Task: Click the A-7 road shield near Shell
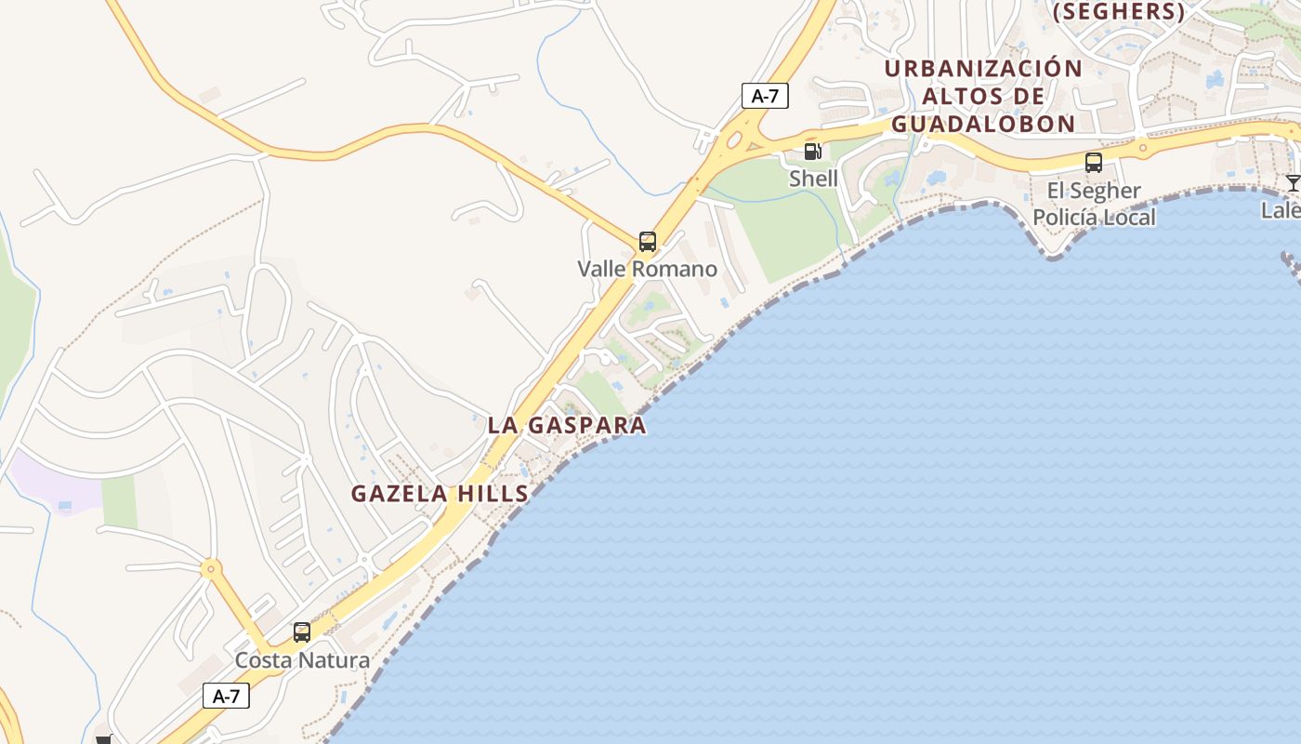click(x=765, y=96)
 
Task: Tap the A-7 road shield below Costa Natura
click(x=226, y=696)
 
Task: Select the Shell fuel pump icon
click(x=813, y=151)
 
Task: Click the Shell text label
click(x=813, y=179)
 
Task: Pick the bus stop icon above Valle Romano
click(x=648, y=242)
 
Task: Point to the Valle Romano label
click(x=648, y=270)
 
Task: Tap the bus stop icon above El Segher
click(x=1094, y=163)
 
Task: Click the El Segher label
click(x=1094, y=192)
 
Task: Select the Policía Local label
click(x=1094, y=218)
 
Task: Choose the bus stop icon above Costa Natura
click(x=302, y=632)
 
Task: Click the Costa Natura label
click(x=302, y=660)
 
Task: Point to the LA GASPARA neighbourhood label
click(x=567, y=426)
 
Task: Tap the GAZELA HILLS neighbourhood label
click(x=440, y=494)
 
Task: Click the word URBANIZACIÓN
click(x=983, y=69)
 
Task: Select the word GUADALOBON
click(x=983, y=124)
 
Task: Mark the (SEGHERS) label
click(x=1119, y=12)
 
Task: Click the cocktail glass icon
click(x=1292, y=182)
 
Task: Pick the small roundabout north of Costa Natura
click(x=212, y=567)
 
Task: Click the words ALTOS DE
click(x=983, y=97)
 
